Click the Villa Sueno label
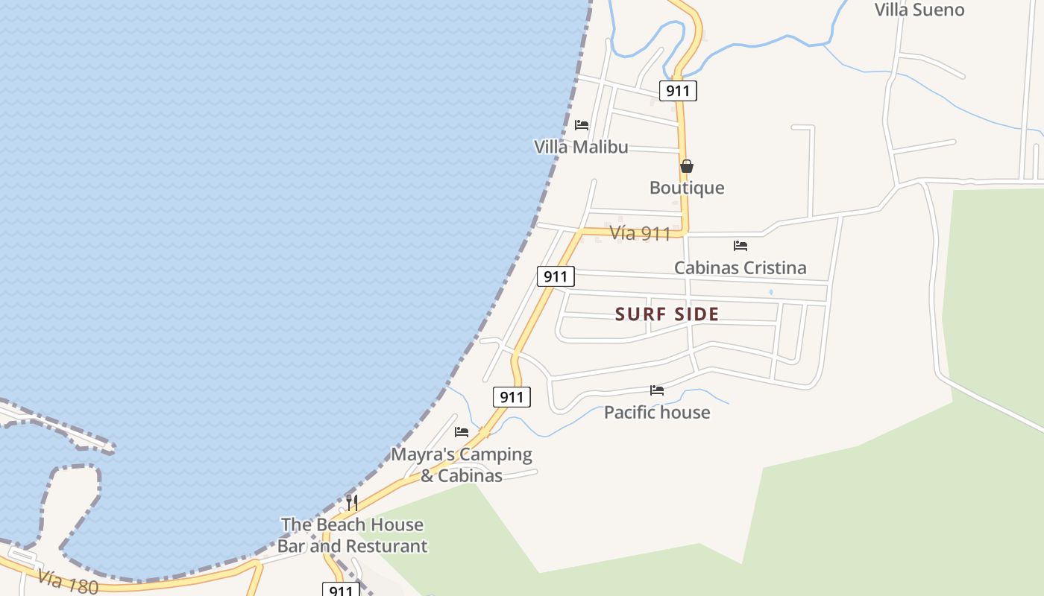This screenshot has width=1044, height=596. (x=919, y=10)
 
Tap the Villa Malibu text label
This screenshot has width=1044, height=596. (x=581, y=147)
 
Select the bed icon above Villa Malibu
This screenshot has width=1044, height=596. (x=582, y=125)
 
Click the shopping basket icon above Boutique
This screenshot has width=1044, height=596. (x=687, y=166)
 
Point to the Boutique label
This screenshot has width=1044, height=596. (x=687, y=188)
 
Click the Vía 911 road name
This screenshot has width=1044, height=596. (x=640, y=233)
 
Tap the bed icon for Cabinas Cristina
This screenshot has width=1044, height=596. (x=740, y=245)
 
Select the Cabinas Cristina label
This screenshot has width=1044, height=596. (x=740, y=267)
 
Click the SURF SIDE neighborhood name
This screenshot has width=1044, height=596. (x=667, y=314)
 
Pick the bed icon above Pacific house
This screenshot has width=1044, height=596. (x=657, y=390)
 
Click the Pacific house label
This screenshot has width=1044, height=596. (x=657, y=412)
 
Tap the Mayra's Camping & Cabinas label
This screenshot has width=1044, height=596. (x=462, y=465)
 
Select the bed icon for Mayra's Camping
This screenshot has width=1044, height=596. (x=462, y=431)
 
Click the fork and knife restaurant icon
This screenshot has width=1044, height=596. (x=352, y=503)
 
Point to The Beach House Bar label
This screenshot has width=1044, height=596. (x=352, y=535)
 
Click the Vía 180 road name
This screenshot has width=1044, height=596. (x=67, y=581)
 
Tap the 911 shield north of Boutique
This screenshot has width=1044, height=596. (x=678, y=91)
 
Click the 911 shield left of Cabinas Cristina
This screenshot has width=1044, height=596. (x=556, y=277)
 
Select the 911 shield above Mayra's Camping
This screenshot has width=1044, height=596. (x=512, y=397)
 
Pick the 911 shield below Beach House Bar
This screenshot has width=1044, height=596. (x=341, y=590)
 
